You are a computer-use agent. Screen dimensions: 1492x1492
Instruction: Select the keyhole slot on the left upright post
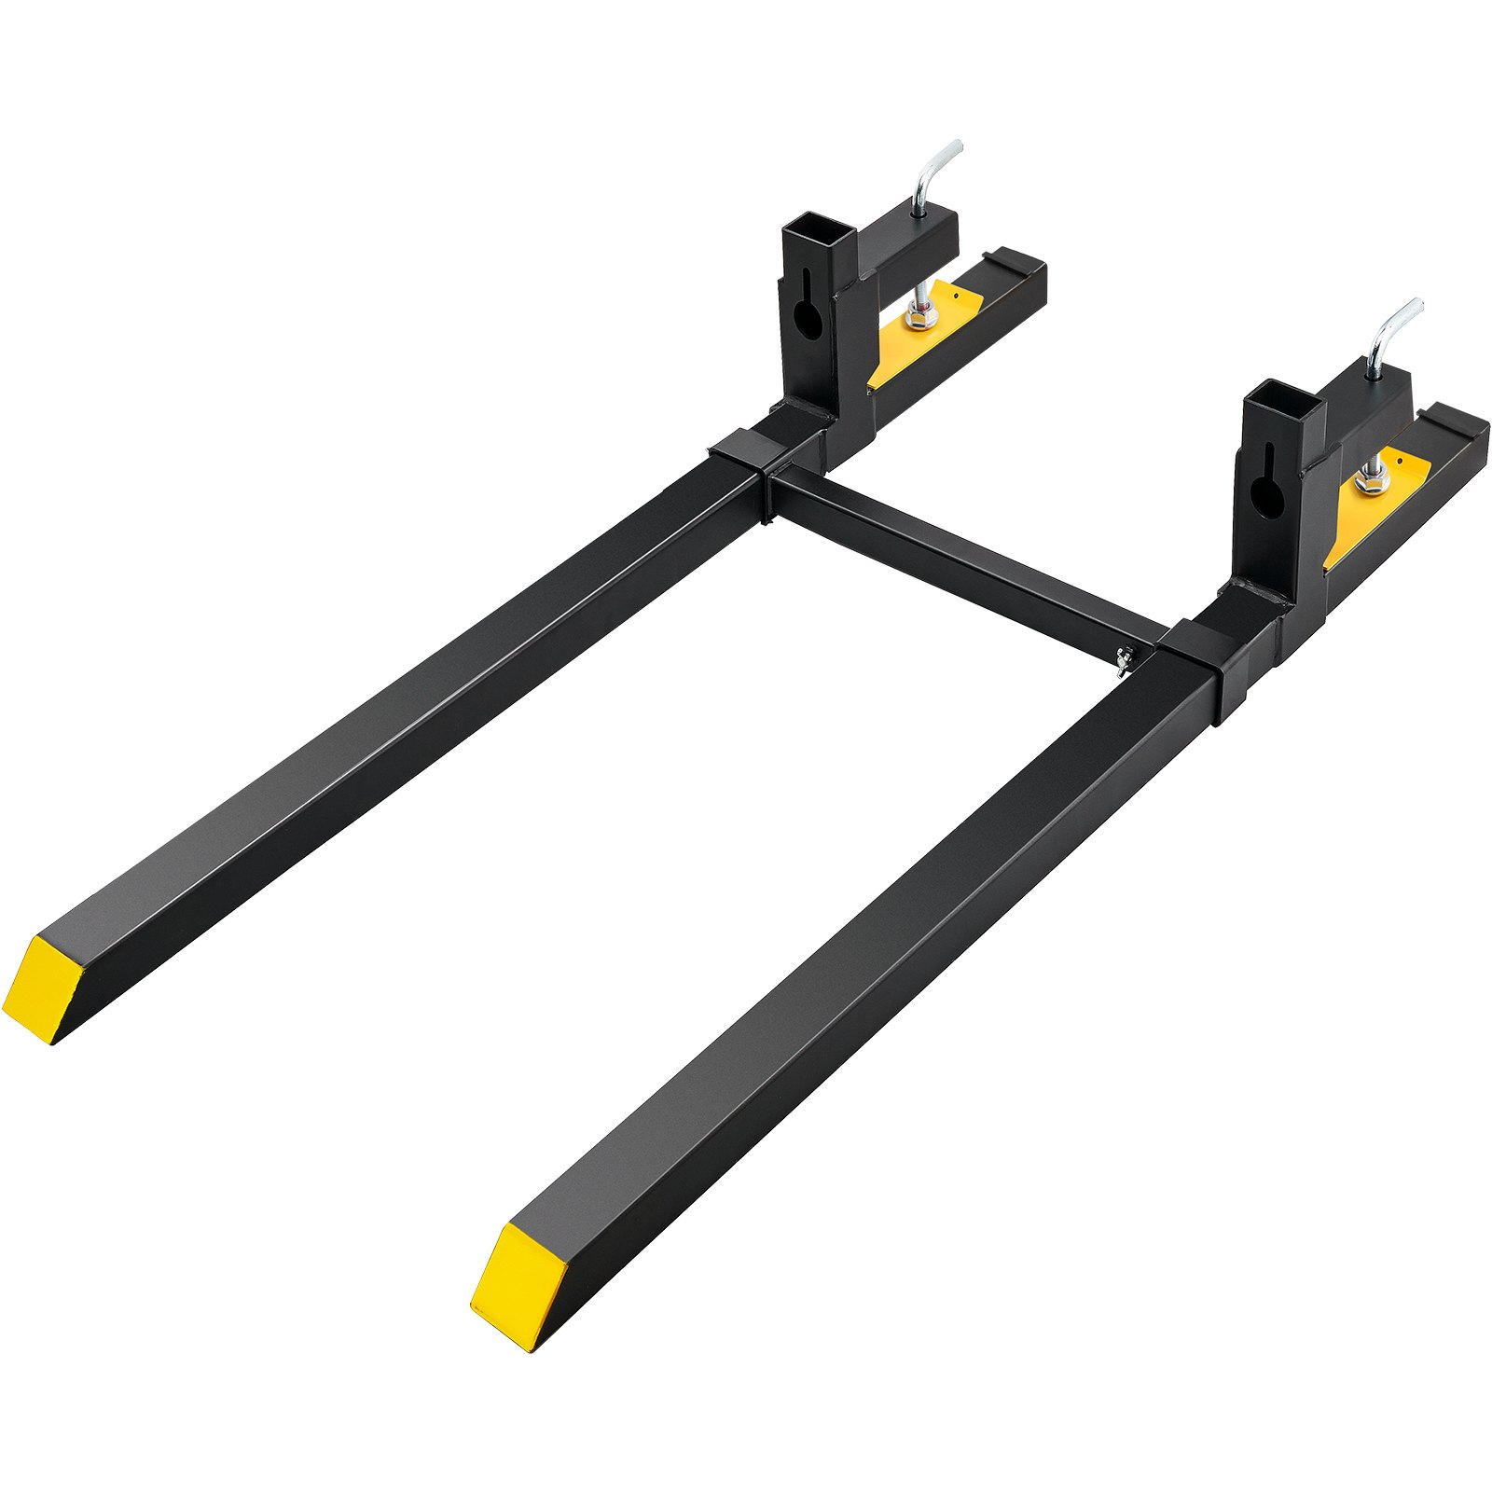808,312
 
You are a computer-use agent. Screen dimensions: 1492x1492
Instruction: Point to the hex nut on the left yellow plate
921,318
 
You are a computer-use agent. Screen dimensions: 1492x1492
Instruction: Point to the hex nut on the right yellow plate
1372,481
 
